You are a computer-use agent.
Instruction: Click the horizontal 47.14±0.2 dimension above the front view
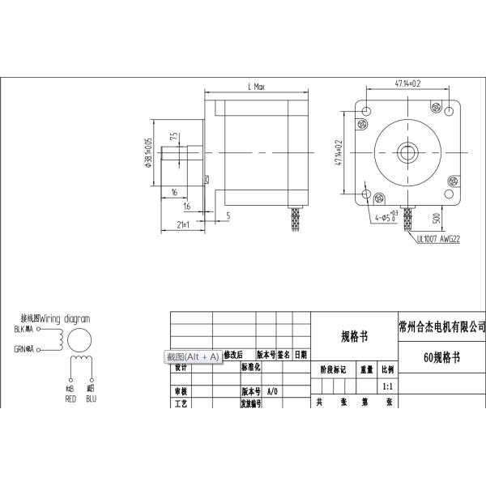(412, 83)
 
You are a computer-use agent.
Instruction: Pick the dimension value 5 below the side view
(228, 215)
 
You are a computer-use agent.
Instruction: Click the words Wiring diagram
(65, 318)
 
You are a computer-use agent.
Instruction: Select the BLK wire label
(22, 330)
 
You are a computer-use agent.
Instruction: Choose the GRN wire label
(22, 349)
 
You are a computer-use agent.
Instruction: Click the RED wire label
(70, 399)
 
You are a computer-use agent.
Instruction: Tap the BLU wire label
(91, 399)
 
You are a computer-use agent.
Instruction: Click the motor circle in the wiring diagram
(79, 340)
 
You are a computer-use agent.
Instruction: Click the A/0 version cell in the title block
(272, 390)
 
